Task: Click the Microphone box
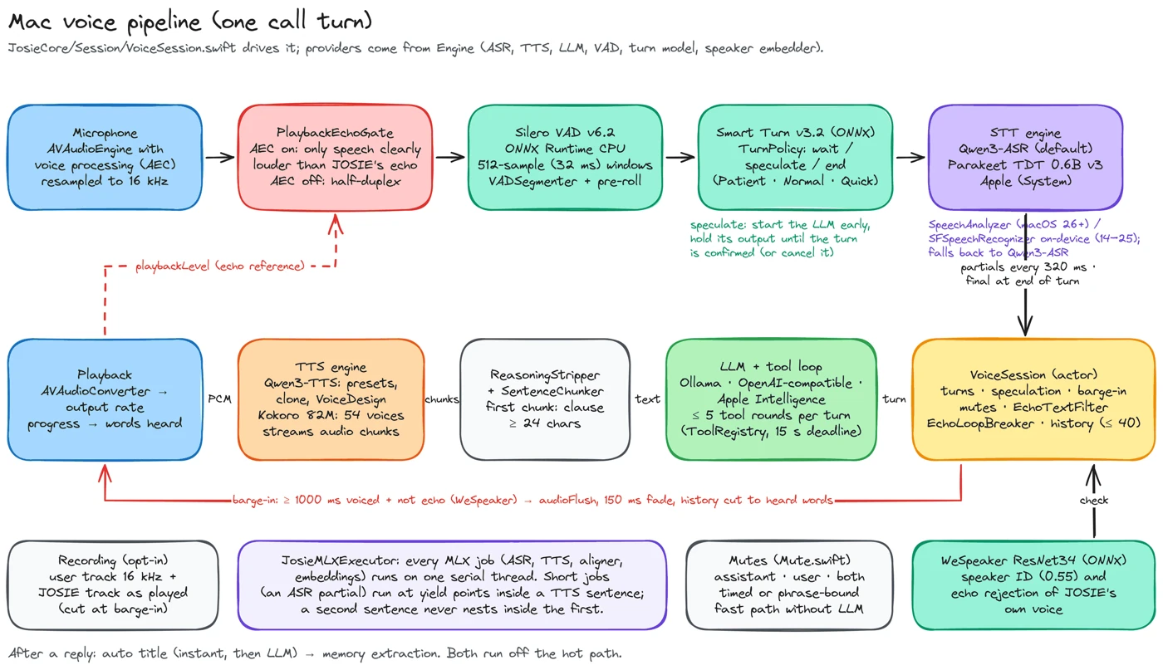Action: click(x=105, y=157)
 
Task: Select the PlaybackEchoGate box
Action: click(x=335, y=157)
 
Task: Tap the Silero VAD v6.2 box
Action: click(x=565, y=157)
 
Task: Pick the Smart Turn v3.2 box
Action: click(x=796, y=157)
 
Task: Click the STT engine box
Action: click(x=1025, y=157)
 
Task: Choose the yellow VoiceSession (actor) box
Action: click(x=1033, y=399)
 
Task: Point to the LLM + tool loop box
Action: click(x=771, y=399)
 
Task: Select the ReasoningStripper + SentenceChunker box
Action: click(x=545, y=399)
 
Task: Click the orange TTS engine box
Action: click(x=331, y=399)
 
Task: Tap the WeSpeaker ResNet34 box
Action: click(x=1033, y=584)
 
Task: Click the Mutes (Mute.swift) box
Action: click(x=789, y=584)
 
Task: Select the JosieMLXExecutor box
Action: click(x=452, y=584)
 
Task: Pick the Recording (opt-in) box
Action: click(x=113, y=584)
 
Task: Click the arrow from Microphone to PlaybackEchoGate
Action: click(x=220, y=157)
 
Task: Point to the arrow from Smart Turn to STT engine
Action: click(x=910, y=157)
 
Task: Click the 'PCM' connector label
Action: click(x=219, y=399)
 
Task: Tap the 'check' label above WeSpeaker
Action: click(x=1094, y=501)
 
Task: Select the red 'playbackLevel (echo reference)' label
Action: click(x=220, y=267)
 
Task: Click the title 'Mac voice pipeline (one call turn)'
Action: click(x=190, y=22)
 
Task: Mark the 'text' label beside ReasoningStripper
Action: click(x=647, y=399)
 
